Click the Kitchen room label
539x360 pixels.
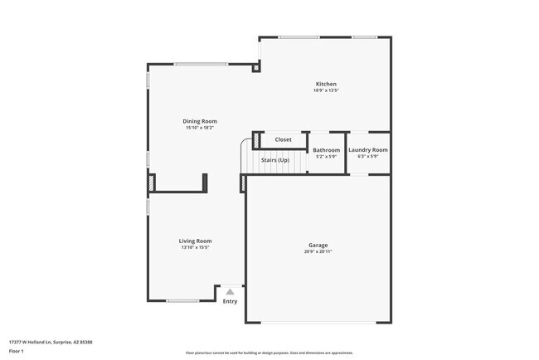(325, 84)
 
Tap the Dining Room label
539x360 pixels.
(200, 121)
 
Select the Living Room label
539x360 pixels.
(196, 241)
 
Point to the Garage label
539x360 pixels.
(318, 245)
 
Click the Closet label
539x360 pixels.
(284, 139)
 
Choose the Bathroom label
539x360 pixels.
(326, 150)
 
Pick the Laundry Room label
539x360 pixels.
(367, 150)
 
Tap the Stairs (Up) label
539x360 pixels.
(274, 159)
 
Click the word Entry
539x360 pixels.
(230, 301)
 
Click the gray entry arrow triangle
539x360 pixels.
(230, 291)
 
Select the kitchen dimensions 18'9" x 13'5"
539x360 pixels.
(325, 90)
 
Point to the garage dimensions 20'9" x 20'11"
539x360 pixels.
(318, 251)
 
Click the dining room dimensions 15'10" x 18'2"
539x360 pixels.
(200, 128)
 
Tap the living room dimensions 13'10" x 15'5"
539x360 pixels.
(196, 247)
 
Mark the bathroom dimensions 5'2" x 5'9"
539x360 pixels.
(326, 157)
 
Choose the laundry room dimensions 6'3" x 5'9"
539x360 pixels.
(367, 157)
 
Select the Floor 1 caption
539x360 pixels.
(17, 351)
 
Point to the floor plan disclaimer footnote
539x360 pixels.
(269, 353)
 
